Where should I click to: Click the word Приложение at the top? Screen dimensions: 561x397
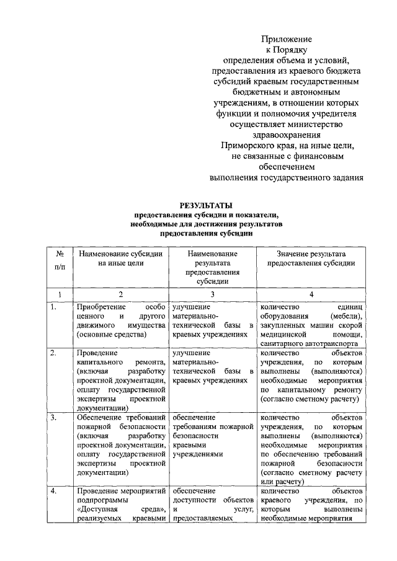286,39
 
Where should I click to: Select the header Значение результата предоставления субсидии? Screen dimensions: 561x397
311,258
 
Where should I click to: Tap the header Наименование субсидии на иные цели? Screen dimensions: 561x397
120,258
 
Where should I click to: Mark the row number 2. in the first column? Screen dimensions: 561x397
55,353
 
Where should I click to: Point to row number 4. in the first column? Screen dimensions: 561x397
55,492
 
